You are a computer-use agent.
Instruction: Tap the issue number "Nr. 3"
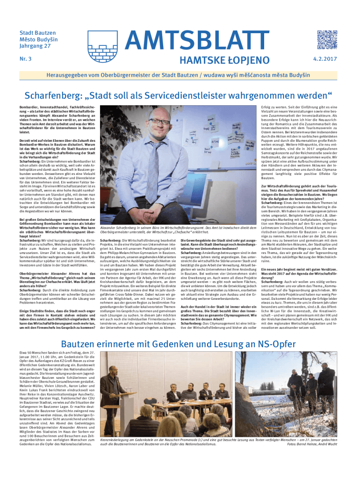point(25,59)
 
